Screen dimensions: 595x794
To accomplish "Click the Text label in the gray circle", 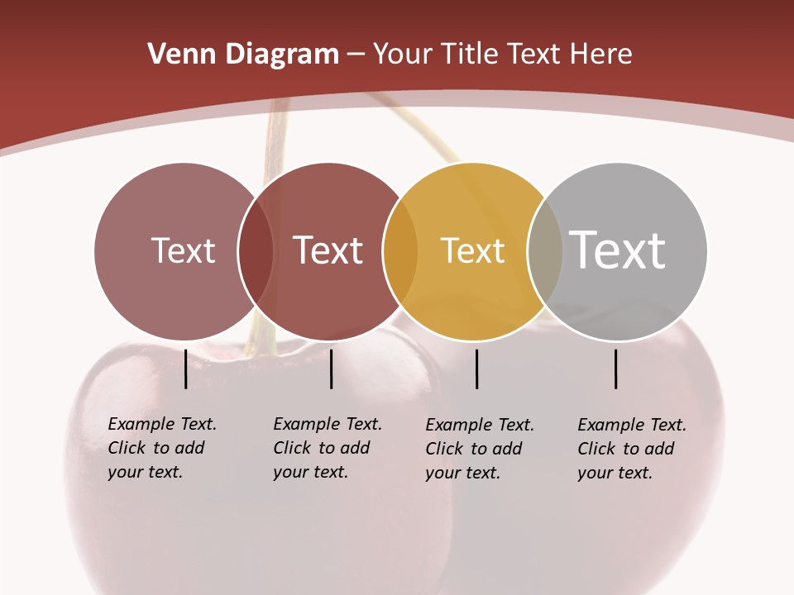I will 618,250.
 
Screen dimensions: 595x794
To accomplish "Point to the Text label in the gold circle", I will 473,250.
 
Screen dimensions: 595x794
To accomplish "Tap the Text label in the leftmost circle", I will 184,250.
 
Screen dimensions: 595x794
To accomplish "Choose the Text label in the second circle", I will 328,250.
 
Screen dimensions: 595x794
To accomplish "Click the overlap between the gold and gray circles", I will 545,251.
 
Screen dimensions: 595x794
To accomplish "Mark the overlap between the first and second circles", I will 256,251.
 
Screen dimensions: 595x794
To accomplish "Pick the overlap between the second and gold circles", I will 400,251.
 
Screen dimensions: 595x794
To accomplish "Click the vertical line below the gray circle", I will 616,369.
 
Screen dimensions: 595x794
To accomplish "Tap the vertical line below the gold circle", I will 477,369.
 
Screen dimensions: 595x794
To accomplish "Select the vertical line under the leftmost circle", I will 186,369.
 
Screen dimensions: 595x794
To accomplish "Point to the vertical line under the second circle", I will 331,369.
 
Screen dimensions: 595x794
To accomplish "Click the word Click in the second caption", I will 291,448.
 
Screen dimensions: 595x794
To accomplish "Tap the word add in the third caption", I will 506,449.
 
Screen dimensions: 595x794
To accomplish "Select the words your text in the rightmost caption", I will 615,473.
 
